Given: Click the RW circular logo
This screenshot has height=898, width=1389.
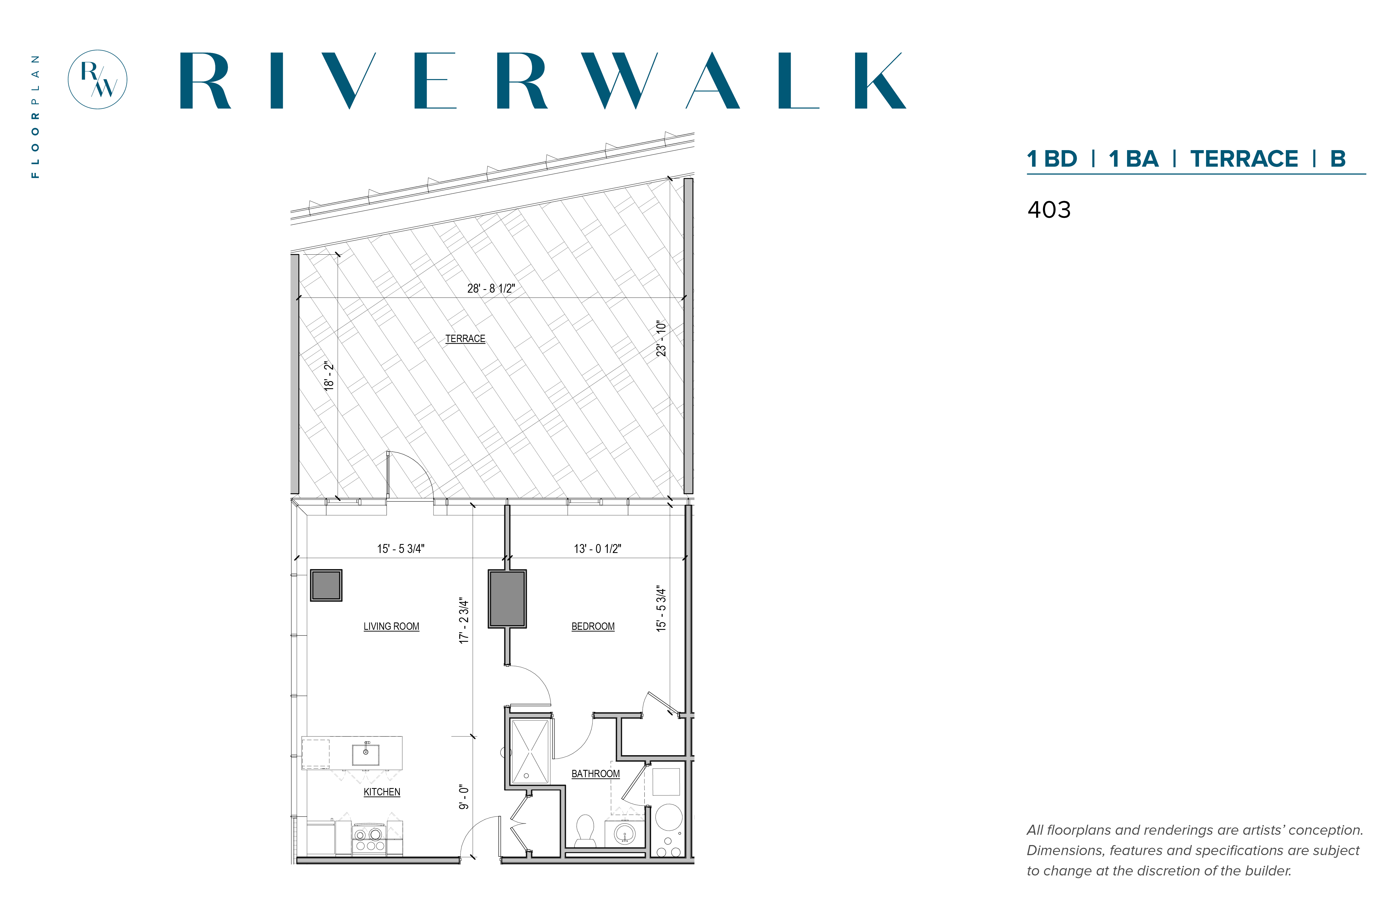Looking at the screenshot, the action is (97, 79).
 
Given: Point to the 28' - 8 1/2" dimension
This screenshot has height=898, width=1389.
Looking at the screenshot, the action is (491, 288).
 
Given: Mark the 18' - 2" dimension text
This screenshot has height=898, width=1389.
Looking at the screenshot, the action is (329, 375).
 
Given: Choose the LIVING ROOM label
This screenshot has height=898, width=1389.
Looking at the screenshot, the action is (391, 626).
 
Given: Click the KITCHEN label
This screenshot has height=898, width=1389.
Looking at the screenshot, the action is (382, 792).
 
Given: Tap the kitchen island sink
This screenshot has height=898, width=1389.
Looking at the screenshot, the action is (366, 753).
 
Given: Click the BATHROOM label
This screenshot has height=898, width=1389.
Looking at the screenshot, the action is (595, 774).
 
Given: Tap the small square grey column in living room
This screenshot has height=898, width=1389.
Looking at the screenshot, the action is (326, 585).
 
